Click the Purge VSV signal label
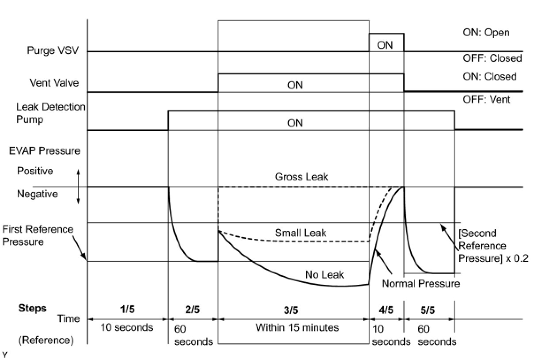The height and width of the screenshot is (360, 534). click(x=53, y=50)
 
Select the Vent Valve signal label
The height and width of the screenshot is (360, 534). click(x=54, y=83)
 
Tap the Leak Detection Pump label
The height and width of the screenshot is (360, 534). click(x=50, y=113)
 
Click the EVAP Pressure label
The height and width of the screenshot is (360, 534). click(x=45, y=151)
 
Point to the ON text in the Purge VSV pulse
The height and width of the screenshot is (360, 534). click(x=385, y=45)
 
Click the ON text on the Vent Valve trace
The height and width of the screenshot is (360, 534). click(x=295, y=85)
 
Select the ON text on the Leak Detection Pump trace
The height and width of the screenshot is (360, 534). click(x=295, y=123)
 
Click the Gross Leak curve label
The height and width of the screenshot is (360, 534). click(x=301, y=177)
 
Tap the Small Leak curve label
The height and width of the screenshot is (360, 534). click(x=301, y=233)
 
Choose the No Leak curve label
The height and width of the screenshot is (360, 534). click(x=324, y=275)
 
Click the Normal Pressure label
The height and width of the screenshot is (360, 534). click(x=420, y=283)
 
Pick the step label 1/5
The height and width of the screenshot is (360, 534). click(x=127, y=310)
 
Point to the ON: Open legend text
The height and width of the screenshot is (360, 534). click(x=486, y=33)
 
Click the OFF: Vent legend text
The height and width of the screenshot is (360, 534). click(x=486, y=100)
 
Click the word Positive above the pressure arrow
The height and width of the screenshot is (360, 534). click(x=35, y=171)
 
